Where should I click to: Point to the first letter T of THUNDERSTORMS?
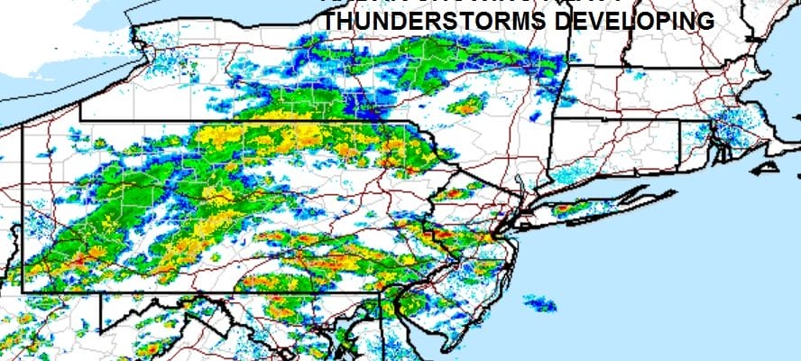331,22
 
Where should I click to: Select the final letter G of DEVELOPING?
705,22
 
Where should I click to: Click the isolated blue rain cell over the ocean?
540,304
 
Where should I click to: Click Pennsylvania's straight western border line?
22,208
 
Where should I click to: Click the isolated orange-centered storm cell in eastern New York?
465,107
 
